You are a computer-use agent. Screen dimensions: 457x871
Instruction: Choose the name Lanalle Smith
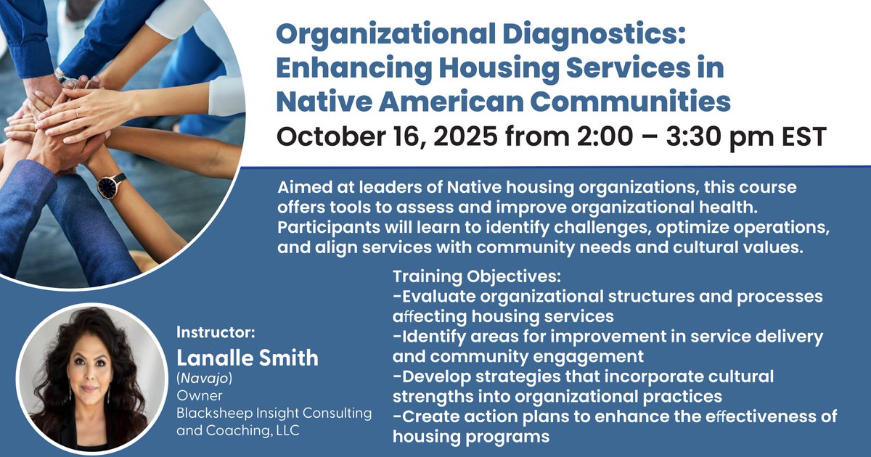[248, 358]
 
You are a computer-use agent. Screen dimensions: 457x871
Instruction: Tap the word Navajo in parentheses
[207, 379]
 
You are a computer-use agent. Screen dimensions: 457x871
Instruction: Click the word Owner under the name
[195, 396]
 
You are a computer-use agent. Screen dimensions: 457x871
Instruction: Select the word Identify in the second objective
[434, 337]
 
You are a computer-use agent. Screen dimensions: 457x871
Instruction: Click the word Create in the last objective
[427, 416]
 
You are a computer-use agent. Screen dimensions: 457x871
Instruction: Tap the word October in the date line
[335, 135]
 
